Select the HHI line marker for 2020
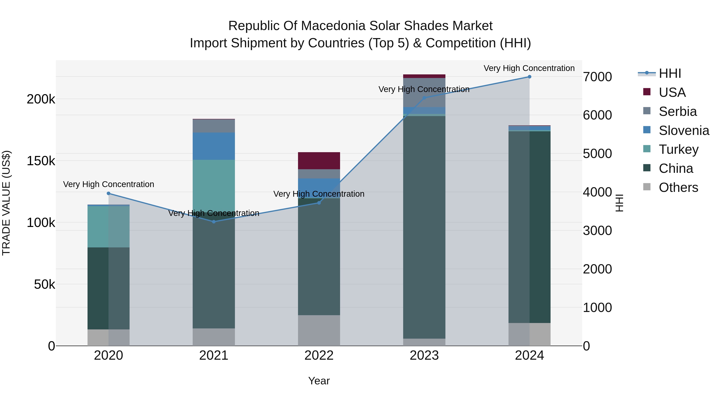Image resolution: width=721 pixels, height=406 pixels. point(109,193)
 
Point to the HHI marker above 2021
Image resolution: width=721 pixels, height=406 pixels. point(213,222)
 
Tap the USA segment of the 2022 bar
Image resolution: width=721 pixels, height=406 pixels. point(319,161)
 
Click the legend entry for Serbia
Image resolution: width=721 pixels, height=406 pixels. point(677,111)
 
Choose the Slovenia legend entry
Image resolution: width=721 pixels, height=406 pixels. point(684,131)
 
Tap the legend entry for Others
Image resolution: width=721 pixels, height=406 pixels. point(678,187)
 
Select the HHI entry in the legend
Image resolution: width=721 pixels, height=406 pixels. point(670,73)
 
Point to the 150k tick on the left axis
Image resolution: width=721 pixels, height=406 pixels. point(41,161)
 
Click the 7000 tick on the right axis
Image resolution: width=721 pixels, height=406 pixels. point(597,77)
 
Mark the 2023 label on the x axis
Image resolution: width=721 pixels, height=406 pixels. point(424,355)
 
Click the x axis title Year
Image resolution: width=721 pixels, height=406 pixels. point(319,381)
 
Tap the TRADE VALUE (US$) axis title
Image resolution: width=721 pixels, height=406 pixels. point(6,203)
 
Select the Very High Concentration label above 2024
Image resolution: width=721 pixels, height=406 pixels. point(529,68)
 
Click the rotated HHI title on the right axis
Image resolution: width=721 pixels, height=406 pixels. point(620,203)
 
